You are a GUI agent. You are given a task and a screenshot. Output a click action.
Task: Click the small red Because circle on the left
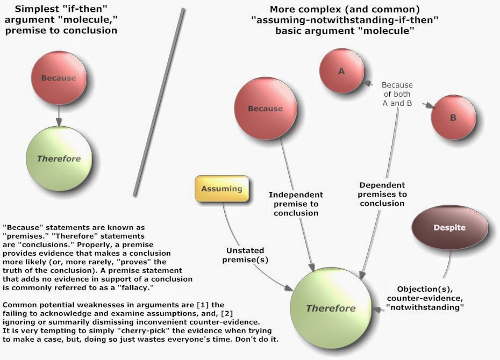(58, 78)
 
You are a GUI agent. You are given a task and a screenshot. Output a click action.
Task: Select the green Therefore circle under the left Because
(58, 159)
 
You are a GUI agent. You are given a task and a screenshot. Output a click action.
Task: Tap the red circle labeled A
(342, 71)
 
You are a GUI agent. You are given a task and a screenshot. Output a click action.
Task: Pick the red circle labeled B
(453, 117)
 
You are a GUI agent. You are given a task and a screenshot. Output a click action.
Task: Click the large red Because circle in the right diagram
(266, 109)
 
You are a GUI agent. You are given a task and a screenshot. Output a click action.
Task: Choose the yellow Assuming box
(222, 189)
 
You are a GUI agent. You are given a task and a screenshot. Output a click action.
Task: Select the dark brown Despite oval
(449, 227)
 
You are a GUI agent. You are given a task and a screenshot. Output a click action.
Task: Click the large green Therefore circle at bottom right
(330, 308)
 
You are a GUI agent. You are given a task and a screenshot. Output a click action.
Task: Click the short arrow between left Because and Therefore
(58, 116)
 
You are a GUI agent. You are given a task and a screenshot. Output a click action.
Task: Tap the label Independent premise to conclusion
(296, 204)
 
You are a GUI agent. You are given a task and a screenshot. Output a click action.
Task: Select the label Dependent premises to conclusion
(383, 193)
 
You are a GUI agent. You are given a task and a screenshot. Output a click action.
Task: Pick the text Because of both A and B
(397, 93)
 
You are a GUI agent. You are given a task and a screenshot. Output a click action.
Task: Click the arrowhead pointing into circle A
(367, 83)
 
